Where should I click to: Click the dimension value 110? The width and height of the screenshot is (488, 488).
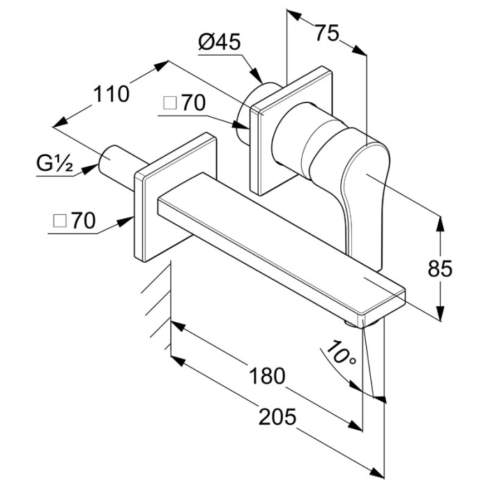[x=111, y=94]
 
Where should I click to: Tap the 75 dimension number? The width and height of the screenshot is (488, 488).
[x=327, y=33]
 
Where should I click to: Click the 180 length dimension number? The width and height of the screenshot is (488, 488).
[x=268, y=375]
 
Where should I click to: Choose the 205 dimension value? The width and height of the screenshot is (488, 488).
[x=277, y=417]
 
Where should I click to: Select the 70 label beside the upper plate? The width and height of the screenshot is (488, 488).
[x=194, y=103]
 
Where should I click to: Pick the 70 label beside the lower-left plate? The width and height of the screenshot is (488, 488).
[x=83, y=221]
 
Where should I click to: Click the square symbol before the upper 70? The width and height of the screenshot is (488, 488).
[x=170, y=103]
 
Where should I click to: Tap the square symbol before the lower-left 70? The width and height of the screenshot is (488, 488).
[x=60, y=221]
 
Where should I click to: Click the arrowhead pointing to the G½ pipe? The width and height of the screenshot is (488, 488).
[x=90, y=169]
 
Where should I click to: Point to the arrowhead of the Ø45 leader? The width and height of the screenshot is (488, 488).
[x=257, y=75]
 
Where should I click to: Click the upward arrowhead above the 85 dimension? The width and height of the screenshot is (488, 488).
[x=440, y=224]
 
